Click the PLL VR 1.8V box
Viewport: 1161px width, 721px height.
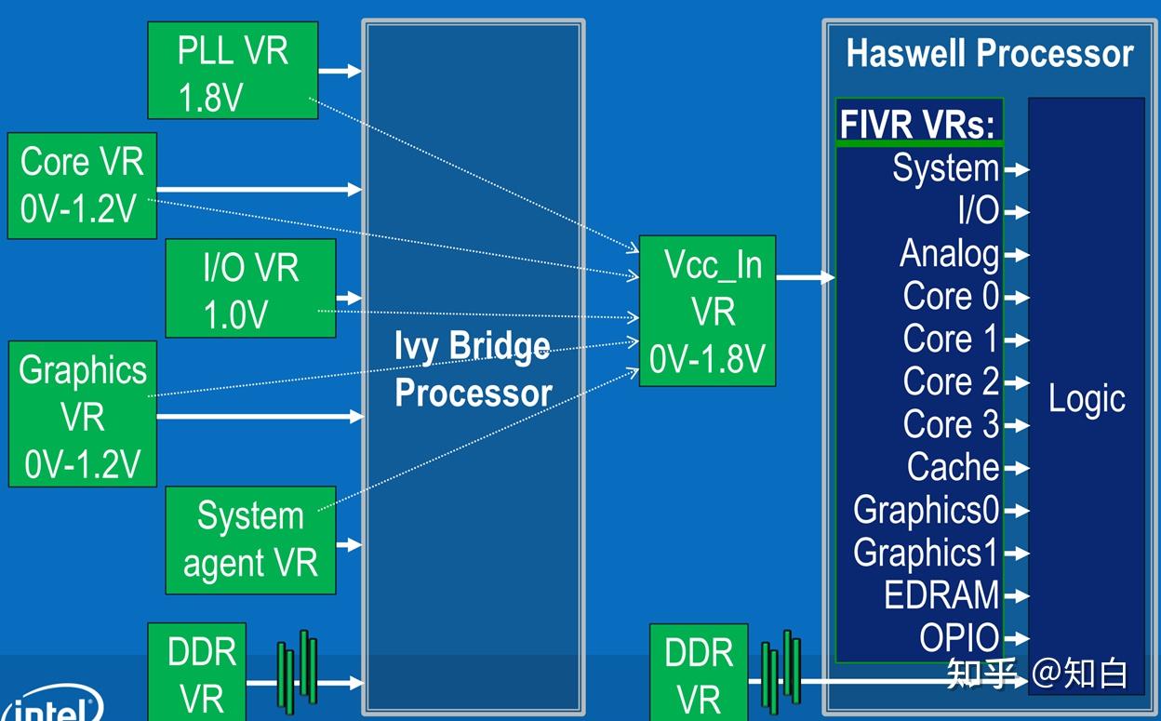[x=233, y=72]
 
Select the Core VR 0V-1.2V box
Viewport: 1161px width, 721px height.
[x=82, y=185]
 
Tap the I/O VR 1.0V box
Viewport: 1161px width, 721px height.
[x=250, y=288]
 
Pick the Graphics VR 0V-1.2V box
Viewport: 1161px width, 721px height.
[x=82, y=414]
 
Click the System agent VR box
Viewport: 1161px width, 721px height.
[x=250, y=540]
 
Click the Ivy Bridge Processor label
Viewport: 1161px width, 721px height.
[x=473, y=369]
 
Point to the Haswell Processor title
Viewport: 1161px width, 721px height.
[x=989, y=54]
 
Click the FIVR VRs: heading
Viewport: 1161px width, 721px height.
[x=917, y=124]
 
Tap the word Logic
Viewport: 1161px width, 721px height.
[x=1087, y=398]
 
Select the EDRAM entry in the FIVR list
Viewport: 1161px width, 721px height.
[x=941, y=595]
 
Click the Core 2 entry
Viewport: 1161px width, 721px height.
[x=950, y=381]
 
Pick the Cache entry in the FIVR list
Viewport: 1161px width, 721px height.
[x=953, y=467]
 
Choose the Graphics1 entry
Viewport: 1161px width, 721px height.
[x=926, y=553]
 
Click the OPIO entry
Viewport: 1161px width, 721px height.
[x=958, y=638]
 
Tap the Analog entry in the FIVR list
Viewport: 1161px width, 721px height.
[x=949, y=253]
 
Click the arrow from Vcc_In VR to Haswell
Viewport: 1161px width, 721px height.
[x=805, y=277]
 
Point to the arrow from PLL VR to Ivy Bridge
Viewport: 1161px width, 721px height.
[x=340, y=71]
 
